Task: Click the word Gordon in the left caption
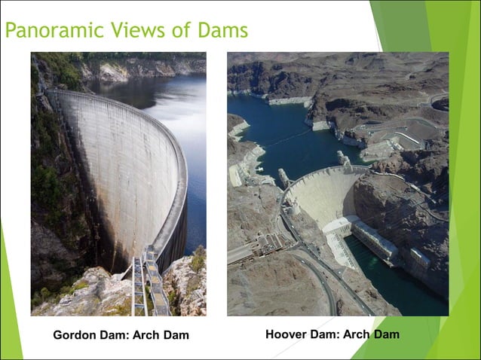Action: (x=73, y=335)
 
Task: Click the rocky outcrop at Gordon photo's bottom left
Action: (x=68, y=297)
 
